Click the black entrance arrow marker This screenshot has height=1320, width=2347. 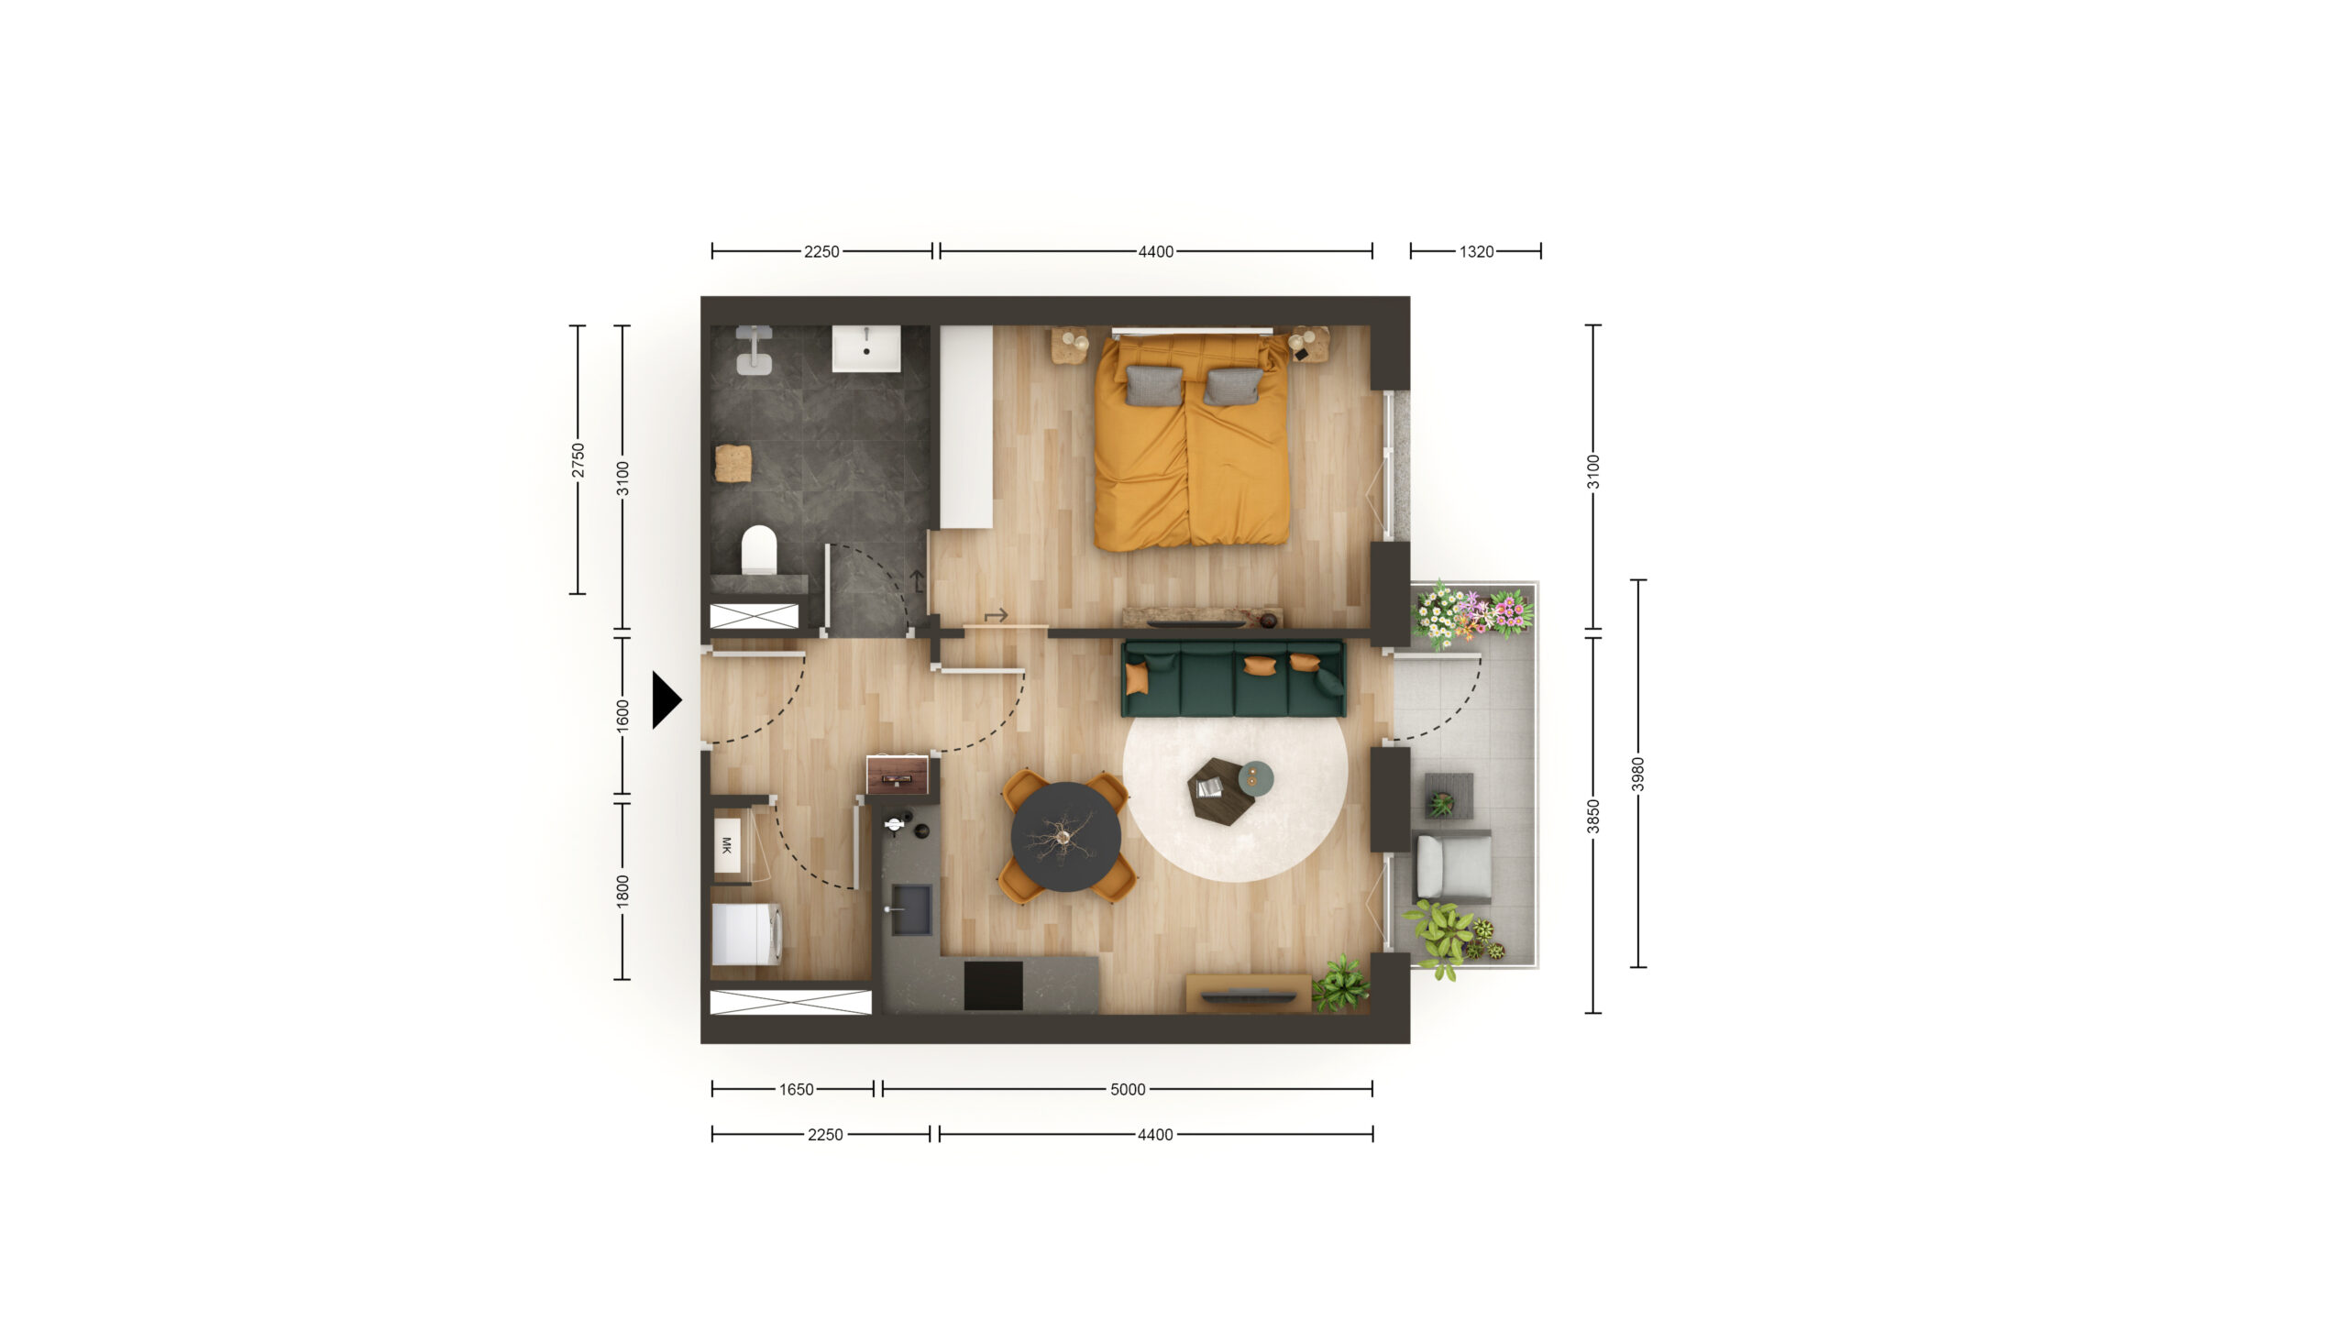(666, 700)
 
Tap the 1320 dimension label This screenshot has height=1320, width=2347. (1476, 251)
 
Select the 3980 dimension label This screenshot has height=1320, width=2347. (1638, 774)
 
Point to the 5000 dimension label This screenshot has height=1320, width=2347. (1128, 1089)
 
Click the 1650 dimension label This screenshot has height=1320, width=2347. (796, 1089)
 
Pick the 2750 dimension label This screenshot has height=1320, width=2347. (578, 459)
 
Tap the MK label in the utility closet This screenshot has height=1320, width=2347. (727, 845)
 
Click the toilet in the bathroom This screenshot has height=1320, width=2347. (758, 549)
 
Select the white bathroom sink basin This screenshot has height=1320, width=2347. (866, 348)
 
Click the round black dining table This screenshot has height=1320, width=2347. (1065, 836)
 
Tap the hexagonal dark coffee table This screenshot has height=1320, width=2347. (1220, 792)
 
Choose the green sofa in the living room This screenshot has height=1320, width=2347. (1234, 678)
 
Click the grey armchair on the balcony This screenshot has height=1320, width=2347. (1453, 866)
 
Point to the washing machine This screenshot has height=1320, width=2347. (746, 934)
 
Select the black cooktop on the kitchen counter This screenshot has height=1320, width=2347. (993, 984)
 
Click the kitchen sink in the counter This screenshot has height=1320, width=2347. (911, 909)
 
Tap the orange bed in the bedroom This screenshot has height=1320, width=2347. (1191, 442)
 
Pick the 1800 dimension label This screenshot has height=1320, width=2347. (623, 892)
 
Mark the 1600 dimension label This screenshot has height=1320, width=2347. (623, 716)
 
